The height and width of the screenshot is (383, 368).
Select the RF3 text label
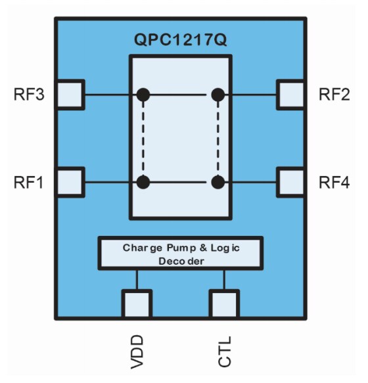click(29, 95)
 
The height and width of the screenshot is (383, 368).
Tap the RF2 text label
click(334, 95)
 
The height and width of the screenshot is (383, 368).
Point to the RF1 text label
click(29, 182)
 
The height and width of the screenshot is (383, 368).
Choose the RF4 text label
click(334, 182)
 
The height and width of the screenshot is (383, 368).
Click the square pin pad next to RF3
click(70, 95)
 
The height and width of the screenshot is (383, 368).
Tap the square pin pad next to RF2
click(291, 95)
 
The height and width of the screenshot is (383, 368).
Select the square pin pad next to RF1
click(70, 182)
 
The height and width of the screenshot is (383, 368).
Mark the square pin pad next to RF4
click(291, 182)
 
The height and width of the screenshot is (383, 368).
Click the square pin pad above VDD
click(137, 304)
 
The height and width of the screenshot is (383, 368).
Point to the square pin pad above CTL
click(224, 304)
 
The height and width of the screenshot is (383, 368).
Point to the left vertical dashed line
click(143, 138)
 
